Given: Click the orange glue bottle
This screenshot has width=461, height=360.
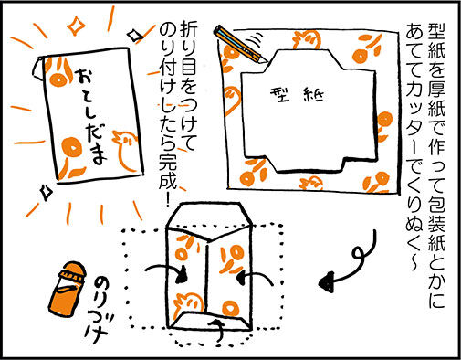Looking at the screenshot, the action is click(68, 289).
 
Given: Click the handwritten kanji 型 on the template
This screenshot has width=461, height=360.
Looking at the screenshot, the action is click(280, 94).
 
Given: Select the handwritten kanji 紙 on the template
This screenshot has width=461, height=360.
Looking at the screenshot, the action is click(314, 95).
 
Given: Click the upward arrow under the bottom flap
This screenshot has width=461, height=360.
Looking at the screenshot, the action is click(218, 329).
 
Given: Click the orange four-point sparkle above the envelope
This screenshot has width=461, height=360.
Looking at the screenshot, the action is click(76, 26).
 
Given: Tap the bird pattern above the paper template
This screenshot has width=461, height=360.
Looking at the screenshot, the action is click(308, 39).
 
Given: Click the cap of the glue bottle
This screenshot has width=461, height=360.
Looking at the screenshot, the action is click(72, 272).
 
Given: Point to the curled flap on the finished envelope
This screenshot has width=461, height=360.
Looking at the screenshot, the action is click(37, 69).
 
